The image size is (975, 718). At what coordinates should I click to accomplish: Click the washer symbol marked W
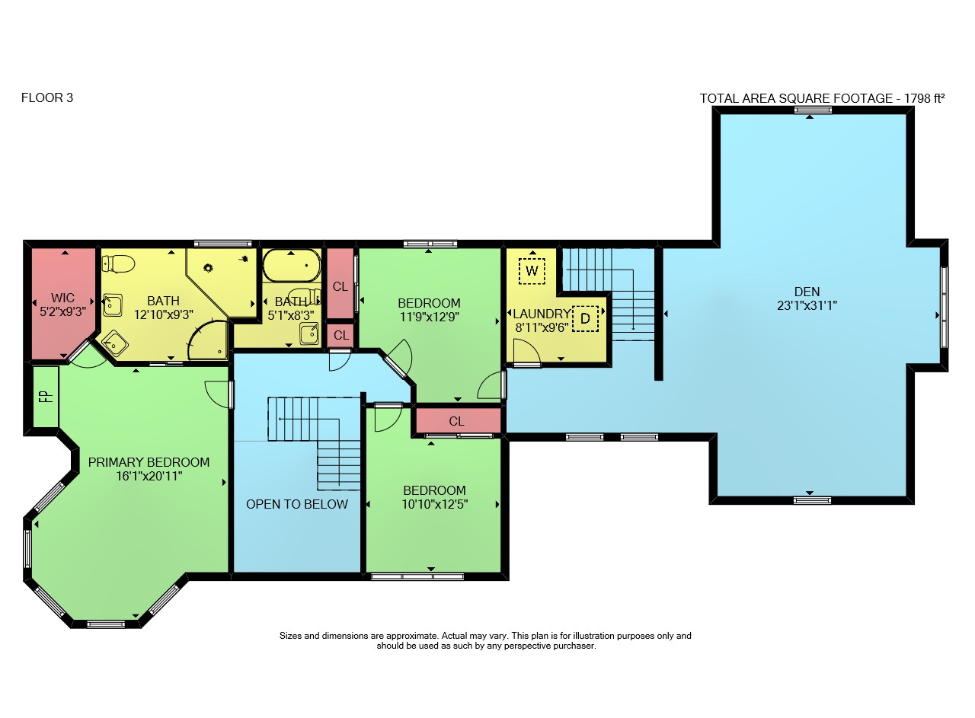[532, 271]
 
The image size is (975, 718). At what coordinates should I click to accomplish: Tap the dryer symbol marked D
[586, 318]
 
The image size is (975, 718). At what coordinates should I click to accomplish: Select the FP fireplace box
[46, 397]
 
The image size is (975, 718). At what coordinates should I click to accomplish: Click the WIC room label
[62, 298]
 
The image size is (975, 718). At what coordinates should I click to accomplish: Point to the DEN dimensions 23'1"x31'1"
[807, 306]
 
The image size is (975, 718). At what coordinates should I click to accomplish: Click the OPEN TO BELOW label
[297, 504]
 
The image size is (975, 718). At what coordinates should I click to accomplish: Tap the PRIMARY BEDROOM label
[149, 462]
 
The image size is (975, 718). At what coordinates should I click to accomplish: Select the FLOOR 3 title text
[47, 97]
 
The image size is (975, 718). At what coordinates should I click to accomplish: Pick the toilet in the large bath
[118, 263]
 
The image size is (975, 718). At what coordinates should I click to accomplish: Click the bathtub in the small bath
[292, 265]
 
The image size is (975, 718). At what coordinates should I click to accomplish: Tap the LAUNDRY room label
[542, 314]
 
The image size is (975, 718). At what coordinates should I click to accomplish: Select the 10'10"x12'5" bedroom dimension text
[434, 505]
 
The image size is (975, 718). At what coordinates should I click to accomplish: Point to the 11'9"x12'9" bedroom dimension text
[429, 317]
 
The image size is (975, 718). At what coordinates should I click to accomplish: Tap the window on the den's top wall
[813, 110]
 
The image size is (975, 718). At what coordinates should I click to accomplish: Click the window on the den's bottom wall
[812, 500]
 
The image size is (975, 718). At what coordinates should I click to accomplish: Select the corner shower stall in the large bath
[208, 340]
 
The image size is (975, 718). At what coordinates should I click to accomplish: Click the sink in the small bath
[309, 333]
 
